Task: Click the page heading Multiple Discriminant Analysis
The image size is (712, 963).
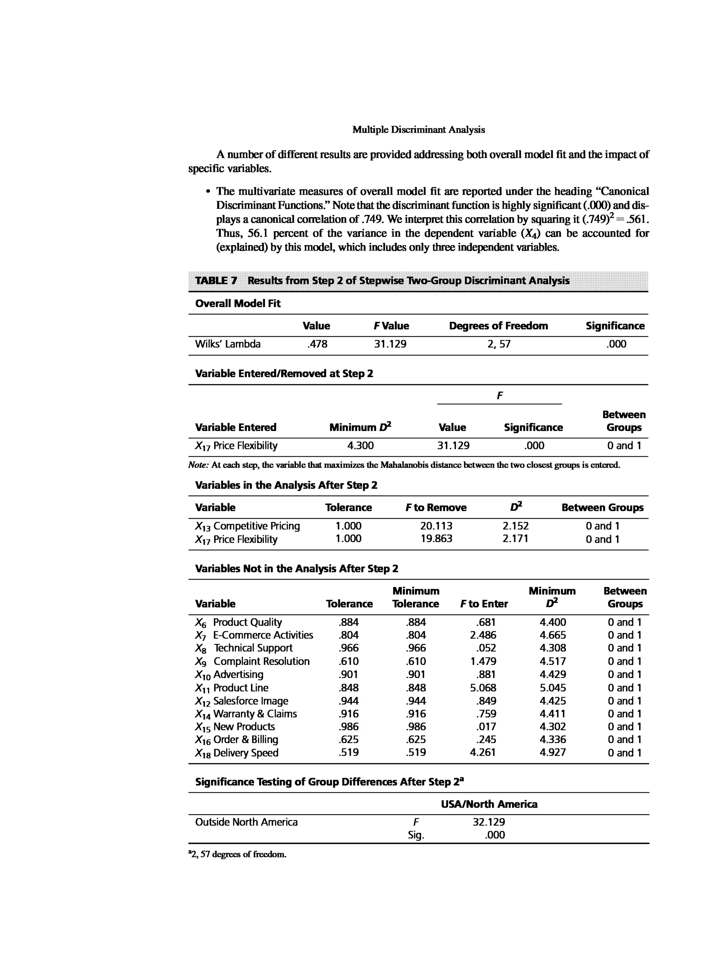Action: (418, 130)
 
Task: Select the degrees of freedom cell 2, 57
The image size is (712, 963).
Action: (499, 344)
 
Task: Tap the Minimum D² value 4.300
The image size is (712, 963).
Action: (360, 446)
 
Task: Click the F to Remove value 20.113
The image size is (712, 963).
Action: (436, 526)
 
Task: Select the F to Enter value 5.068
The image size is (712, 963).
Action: (483, 688)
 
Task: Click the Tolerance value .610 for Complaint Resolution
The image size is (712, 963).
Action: (348, 661)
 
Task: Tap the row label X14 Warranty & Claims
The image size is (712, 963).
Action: (246, 714)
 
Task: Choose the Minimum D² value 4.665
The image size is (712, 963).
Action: (553, 635)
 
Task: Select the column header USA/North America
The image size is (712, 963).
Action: (489, 804)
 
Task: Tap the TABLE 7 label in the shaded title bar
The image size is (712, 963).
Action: (216, 281)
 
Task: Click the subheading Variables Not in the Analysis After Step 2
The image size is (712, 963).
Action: (297, 569)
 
